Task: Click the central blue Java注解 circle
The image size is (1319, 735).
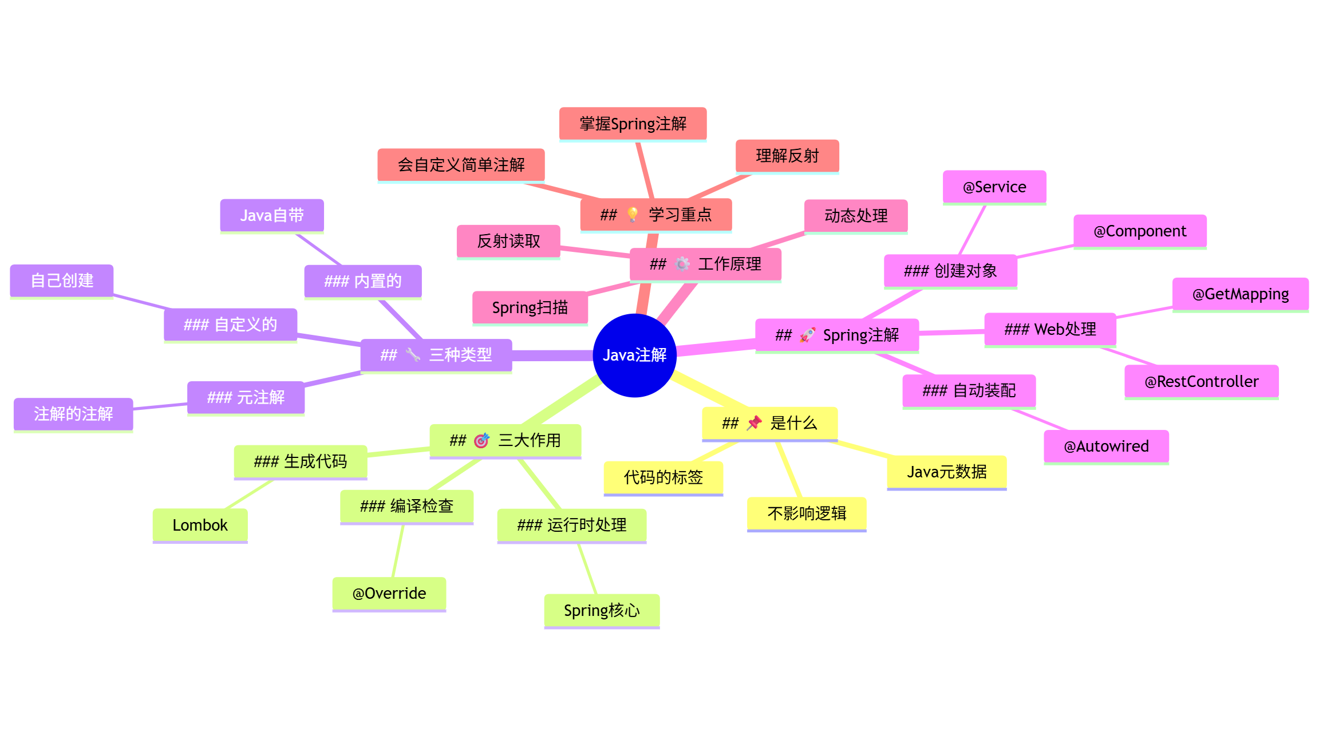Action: pyautogui.click(x=634, y=355)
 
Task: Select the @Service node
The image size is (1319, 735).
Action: pyautogui.click(x=994, y=187)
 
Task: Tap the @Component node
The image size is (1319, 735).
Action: pyautogui.click(x=1140, y=231)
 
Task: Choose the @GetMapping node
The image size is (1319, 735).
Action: pyautogui.click(x=1240, y=294)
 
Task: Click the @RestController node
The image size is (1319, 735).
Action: pyautogui.click(x=1201, y=381)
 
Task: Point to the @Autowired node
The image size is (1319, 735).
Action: pyautogui.click(x=1106, y=446)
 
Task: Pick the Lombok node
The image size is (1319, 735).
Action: pyautogui.click(x=200, y=525)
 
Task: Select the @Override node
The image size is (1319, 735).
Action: pyautogui.click(x=389, y=594)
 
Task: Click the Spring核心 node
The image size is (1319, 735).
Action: pyautogui.click(x=601, y=610)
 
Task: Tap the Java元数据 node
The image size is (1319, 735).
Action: pyautogui.click(x=946, y=472)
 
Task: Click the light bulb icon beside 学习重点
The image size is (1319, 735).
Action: pyautogui.click(x=633, y=215)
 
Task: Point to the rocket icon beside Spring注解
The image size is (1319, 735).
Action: pyautogui.click(x=807, y=335)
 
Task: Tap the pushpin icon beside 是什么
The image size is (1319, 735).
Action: pyautogui.click(x=755, y=423)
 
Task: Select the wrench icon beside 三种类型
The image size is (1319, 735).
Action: pyautogui.click(x=413, y=355)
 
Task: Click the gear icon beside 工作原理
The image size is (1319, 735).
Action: pyautogui.click(x=682, y=264)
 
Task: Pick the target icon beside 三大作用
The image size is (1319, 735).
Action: pyautogui.click(x=481, y=440)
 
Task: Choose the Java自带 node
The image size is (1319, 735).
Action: pyautogui.click(x=272, y=216)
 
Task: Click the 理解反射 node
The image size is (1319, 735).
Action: pyautogui.click(x=787, y=156)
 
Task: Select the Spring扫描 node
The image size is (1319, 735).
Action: pyautogui.click(x=530, y=308)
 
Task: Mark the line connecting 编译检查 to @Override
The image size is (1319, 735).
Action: pyautogui.click(x=398, y=551)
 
